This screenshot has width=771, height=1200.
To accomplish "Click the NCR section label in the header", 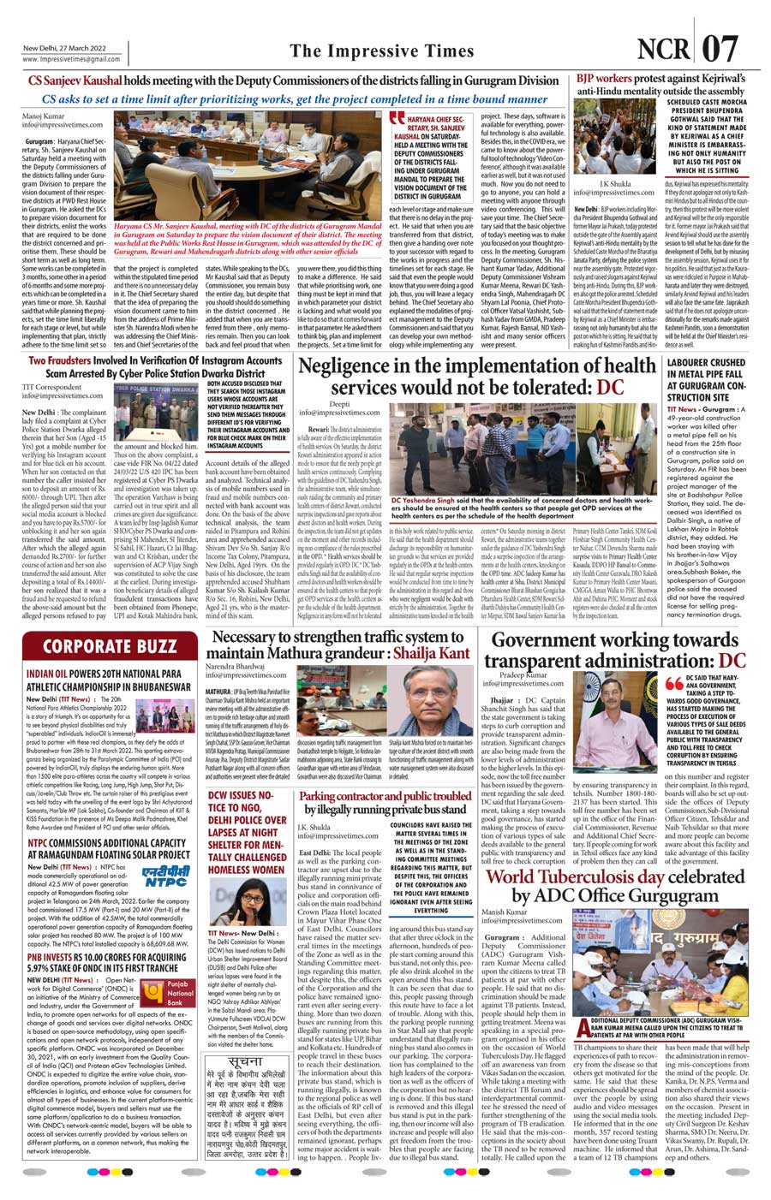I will point(668,50).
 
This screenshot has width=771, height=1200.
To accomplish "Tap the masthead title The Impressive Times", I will point(381,51).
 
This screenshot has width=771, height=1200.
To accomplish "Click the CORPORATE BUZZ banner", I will point(110,645).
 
